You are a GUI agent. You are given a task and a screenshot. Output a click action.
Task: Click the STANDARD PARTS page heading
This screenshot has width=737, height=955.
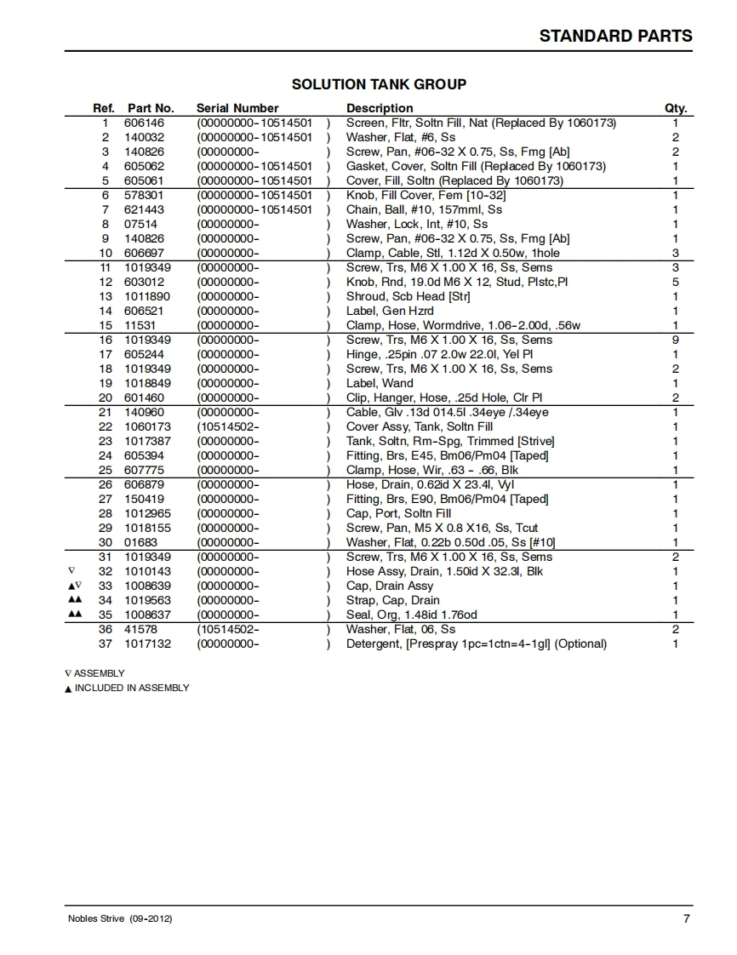[x=615, y=36]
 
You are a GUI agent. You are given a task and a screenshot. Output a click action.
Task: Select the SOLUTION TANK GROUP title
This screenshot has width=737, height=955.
[x=379, y=84]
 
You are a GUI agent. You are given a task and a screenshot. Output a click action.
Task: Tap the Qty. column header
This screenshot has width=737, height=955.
[x=675, y=108]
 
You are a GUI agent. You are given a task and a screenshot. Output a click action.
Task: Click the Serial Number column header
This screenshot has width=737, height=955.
[x=237, y=108]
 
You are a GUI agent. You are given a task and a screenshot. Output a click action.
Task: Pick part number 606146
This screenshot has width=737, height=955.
[x=144, y=123]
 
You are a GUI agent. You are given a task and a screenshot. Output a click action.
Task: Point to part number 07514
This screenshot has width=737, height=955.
[x=140, y=224]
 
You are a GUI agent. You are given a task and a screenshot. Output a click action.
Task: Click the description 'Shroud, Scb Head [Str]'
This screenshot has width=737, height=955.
[x=408, y=296]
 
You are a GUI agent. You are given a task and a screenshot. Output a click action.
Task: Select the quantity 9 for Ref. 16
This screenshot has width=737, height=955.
[x=676, y=340]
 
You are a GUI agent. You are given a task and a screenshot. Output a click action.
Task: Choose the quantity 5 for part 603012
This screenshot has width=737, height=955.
[x=676, y=282]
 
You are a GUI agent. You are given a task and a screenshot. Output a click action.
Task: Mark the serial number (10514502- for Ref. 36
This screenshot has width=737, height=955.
[x=228, y=629]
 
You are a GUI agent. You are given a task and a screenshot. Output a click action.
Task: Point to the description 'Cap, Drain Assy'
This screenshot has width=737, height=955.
[x=389, y=586]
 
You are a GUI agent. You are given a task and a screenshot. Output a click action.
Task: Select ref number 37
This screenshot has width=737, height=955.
[x=105, y=643]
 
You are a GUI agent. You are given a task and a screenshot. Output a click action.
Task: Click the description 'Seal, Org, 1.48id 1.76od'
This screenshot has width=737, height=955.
[x=411, y=615]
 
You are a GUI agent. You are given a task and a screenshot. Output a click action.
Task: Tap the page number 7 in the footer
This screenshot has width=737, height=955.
[x=686, y=918]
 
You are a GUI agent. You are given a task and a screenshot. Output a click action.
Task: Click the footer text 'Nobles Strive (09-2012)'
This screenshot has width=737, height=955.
[x=120, y=919]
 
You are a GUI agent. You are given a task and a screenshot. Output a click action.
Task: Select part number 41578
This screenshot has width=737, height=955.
[x=140, y=629]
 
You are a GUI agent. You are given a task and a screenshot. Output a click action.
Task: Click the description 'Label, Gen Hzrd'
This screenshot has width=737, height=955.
[x=389, y=311]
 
